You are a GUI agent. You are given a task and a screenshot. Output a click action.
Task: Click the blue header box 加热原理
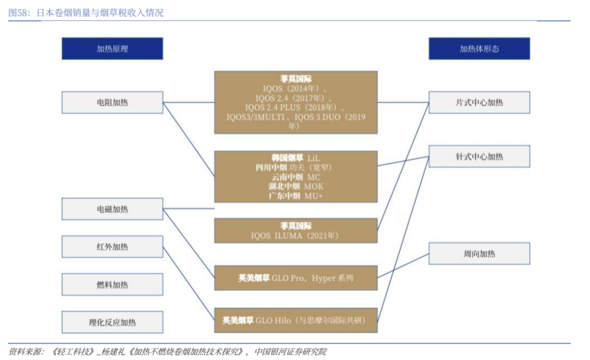[112, 49]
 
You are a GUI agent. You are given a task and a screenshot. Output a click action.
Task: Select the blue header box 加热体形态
[479, 49]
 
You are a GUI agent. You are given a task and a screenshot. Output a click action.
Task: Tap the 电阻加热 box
[112, 102]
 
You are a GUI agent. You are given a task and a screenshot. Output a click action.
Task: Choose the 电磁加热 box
[112, 209]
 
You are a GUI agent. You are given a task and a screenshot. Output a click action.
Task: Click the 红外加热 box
[112, 247]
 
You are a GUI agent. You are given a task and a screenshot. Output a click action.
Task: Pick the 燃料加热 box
[112, 285]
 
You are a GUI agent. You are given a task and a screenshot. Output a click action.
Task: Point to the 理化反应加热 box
[112, 322]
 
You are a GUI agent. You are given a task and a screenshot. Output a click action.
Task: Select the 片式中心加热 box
[479, 102]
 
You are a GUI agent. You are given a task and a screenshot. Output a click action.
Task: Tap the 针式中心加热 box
[479, 156]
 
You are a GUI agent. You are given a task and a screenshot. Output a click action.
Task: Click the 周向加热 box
[479, 253]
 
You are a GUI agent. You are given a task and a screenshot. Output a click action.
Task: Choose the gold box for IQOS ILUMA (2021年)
[296, 231]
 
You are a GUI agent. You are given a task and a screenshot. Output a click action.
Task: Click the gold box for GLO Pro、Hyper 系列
[296, 278]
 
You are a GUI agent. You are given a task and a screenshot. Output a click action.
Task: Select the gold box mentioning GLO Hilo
[296, 320]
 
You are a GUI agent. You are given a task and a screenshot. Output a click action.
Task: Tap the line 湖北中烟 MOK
[296, 186]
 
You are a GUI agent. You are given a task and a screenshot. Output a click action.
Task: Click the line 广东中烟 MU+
[296, 196]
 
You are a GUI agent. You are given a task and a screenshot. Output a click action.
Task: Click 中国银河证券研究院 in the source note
[291, 351]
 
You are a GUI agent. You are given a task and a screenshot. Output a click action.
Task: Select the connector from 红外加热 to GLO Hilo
[188, 284]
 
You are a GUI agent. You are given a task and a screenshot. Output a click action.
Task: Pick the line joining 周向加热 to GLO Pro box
[403, 265]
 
